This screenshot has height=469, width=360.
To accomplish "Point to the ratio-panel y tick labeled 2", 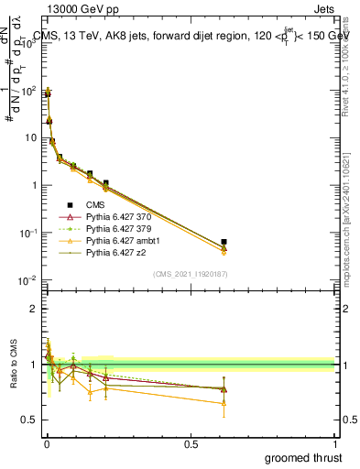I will point(34,309).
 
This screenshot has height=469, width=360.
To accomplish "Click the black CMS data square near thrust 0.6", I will point(224,242).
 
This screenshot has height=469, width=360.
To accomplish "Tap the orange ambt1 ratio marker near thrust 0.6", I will point(224,402).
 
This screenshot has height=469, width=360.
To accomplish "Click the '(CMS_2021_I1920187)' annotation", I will point(189,274).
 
